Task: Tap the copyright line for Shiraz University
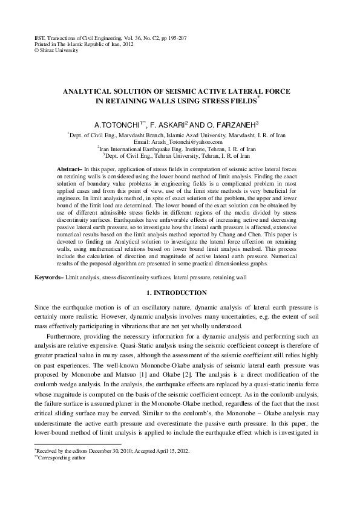[48, 50]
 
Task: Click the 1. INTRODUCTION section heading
[180, 293]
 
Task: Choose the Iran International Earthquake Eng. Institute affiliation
[180, 148]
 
